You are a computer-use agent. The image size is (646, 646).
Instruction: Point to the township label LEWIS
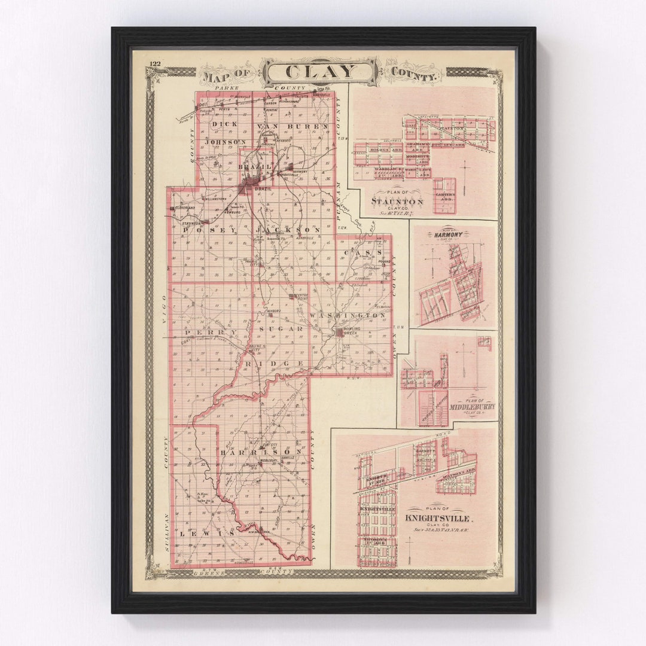coord(213,532)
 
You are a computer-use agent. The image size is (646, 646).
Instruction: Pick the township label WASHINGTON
coord(348,315)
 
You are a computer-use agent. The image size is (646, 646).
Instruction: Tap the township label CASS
coord(362,252)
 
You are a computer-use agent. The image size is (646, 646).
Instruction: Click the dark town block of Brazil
coord(250,185)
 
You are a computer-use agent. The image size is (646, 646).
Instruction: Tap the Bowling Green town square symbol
coord(339,332)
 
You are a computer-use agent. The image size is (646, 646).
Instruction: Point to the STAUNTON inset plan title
coord(397,202)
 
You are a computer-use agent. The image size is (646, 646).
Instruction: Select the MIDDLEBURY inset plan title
coord(473,407)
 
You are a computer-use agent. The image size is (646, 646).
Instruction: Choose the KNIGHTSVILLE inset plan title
coord(438,518)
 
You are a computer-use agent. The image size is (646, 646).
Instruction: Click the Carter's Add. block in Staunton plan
coord(444,195)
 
